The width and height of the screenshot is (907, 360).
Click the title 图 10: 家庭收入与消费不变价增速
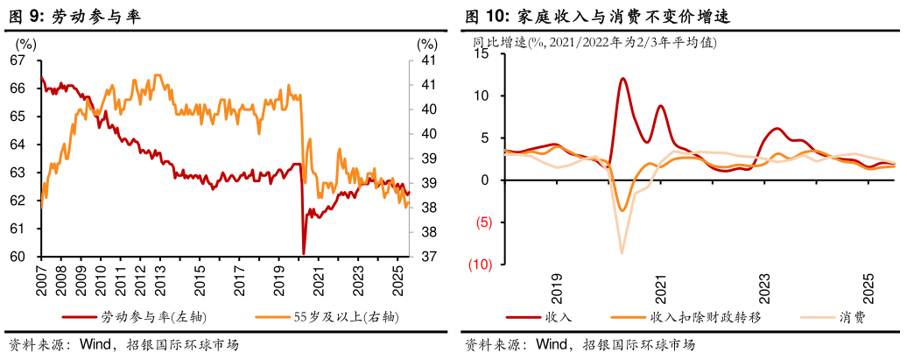597,17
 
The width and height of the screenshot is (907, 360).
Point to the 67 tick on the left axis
18,60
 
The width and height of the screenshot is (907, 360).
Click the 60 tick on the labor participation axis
18,257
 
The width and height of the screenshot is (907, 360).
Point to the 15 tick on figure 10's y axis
480,53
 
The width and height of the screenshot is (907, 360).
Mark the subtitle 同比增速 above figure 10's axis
500,41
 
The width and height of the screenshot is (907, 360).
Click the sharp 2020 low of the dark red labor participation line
304,253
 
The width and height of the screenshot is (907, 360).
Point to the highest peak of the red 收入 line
622,78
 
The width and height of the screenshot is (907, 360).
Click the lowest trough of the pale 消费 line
622,253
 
